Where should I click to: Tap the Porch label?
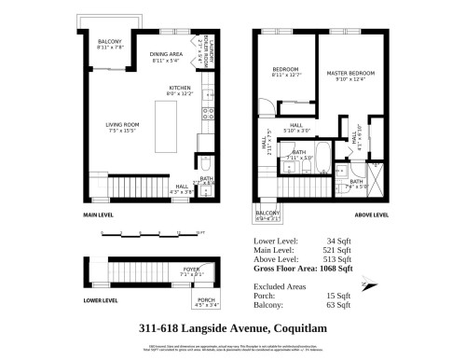[x=206, y=300]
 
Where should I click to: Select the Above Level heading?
[x=371, y=215]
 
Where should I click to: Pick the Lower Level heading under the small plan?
[x=101, y=300]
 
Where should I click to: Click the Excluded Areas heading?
[x=281, y=286]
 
